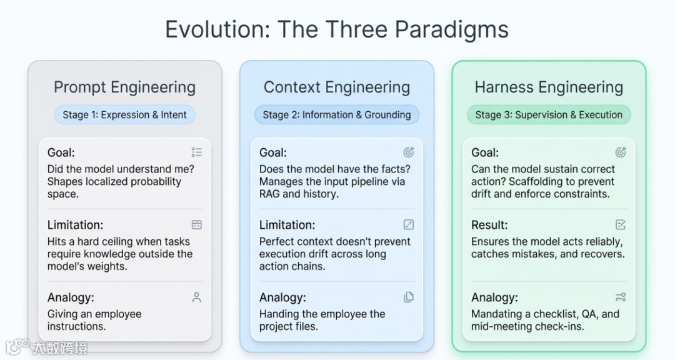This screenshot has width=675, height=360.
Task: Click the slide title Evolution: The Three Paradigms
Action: coord(337,29)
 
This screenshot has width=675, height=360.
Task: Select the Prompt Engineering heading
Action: coord(124,87)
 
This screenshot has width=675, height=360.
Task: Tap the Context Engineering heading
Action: coord(337,87)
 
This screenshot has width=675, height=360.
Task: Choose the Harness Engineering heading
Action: coord(549,87)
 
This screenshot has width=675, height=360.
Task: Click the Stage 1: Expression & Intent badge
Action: coord(124,115)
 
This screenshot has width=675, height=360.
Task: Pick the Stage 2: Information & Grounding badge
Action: coord(337,115)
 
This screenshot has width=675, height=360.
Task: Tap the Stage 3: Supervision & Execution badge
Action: coord(549,115)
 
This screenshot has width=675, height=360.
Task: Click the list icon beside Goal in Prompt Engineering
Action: coord(197,152)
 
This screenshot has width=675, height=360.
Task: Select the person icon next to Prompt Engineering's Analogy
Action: coord(197,297)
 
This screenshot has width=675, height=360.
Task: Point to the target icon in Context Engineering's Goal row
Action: coord(409,152)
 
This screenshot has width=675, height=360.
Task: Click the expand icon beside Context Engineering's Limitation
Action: coord(409,224)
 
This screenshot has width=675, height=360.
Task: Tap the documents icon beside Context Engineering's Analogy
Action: coord(409,297)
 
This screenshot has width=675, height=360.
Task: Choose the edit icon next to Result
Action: coord(621,224)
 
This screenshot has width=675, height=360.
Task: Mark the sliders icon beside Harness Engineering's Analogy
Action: coord(621,297)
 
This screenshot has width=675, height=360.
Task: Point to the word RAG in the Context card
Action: coord(269,194)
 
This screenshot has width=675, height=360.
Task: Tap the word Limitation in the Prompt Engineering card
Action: coord(74,225)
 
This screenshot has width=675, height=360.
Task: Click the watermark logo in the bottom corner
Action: coord(46,347)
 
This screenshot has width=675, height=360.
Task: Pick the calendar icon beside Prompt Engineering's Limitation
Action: coord(197,224)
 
